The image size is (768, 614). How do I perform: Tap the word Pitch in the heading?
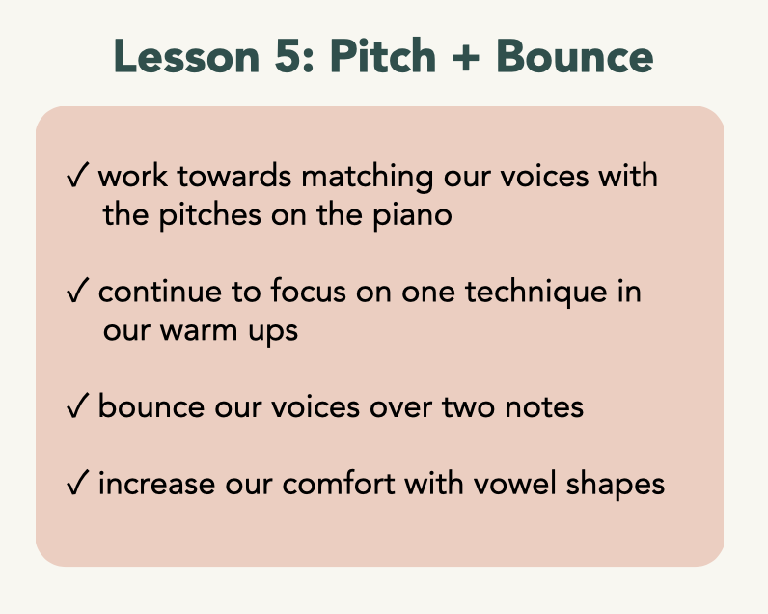tap(383, 55)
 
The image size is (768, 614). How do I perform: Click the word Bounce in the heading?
tap(575, 56)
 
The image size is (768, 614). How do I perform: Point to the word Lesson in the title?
tap(186, 56)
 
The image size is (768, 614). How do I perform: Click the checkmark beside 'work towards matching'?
tap(77, 175)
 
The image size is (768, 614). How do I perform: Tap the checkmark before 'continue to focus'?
tap(77, 290)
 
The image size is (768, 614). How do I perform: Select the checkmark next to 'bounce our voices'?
tap(77, 405)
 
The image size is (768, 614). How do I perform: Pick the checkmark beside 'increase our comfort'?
tap(77, 482)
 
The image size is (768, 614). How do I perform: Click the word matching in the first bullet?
tap(367, 177)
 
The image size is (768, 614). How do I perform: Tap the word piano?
tap(412, 216)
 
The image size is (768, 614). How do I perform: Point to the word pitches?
tap(210, 216)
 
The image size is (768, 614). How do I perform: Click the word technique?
tap(535, 293)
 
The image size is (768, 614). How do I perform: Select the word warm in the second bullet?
tap(200, 331)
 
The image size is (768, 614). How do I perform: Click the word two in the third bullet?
tap(468, 407)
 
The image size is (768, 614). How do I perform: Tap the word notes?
tap(544, 407)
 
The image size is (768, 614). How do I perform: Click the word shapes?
tap(616, 485)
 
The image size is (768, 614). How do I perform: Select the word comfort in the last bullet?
tap(339, 483)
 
